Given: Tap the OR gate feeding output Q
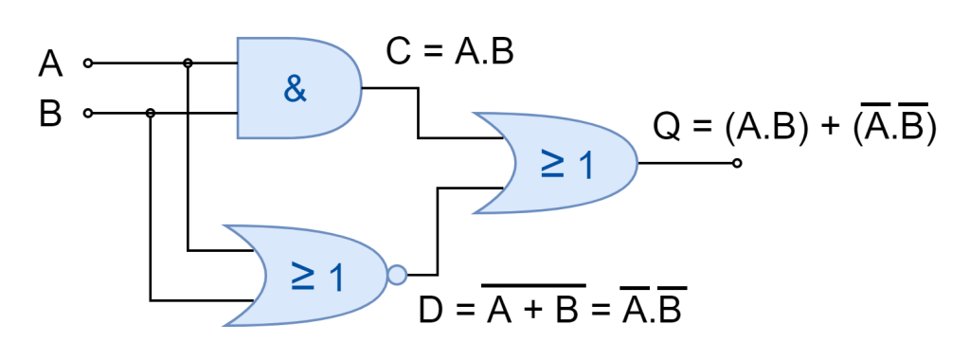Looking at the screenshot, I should pos(559,163).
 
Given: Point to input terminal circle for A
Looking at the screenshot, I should pos(88,63).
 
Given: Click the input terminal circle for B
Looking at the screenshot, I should pos(88,114).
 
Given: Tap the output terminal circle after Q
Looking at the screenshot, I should pos(737,163).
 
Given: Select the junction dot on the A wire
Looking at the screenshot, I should pos(189,63).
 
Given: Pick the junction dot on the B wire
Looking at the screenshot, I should pos(150,114).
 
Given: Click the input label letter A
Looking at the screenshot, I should pos(50,64).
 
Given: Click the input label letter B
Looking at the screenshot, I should pos(50,115).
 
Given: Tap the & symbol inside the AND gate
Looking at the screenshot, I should pos(295,91).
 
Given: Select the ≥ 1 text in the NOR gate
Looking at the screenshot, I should pos(317,277).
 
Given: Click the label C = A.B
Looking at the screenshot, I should pos(449,53).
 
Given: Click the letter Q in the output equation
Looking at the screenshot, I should pos(667,129).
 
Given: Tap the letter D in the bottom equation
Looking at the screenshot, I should pos(431,309).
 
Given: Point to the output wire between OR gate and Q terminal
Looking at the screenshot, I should pos(687,163).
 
